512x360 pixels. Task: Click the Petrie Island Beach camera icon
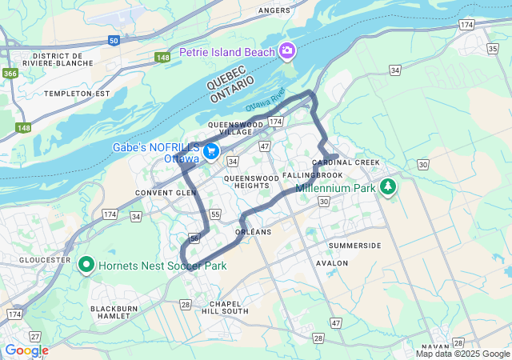pos(286,52)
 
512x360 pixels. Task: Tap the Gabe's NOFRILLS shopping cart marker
pos(212,151)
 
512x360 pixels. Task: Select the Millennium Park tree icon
pos(388,186)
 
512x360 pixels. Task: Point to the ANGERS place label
pos(274,10)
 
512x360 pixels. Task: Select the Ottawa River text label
pos(266,104)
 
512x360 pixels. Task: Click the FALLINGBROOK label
pos(313,175)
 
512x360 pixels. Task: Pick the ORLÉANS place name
pos(254,232)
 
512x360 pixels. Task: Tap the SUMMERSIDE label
pos(354,245)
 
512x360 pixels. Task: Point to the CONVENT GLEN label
pos(166,193)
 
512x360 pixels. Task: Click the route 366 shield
pos(10,74)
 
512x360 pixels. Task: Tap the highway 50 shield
pos(114,39)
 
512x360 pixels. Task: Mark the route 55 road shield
pos(215,214)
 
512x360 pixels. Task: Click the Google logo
pos(26,350)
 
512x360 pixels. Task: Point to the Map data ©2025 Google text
pos(462,354)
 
